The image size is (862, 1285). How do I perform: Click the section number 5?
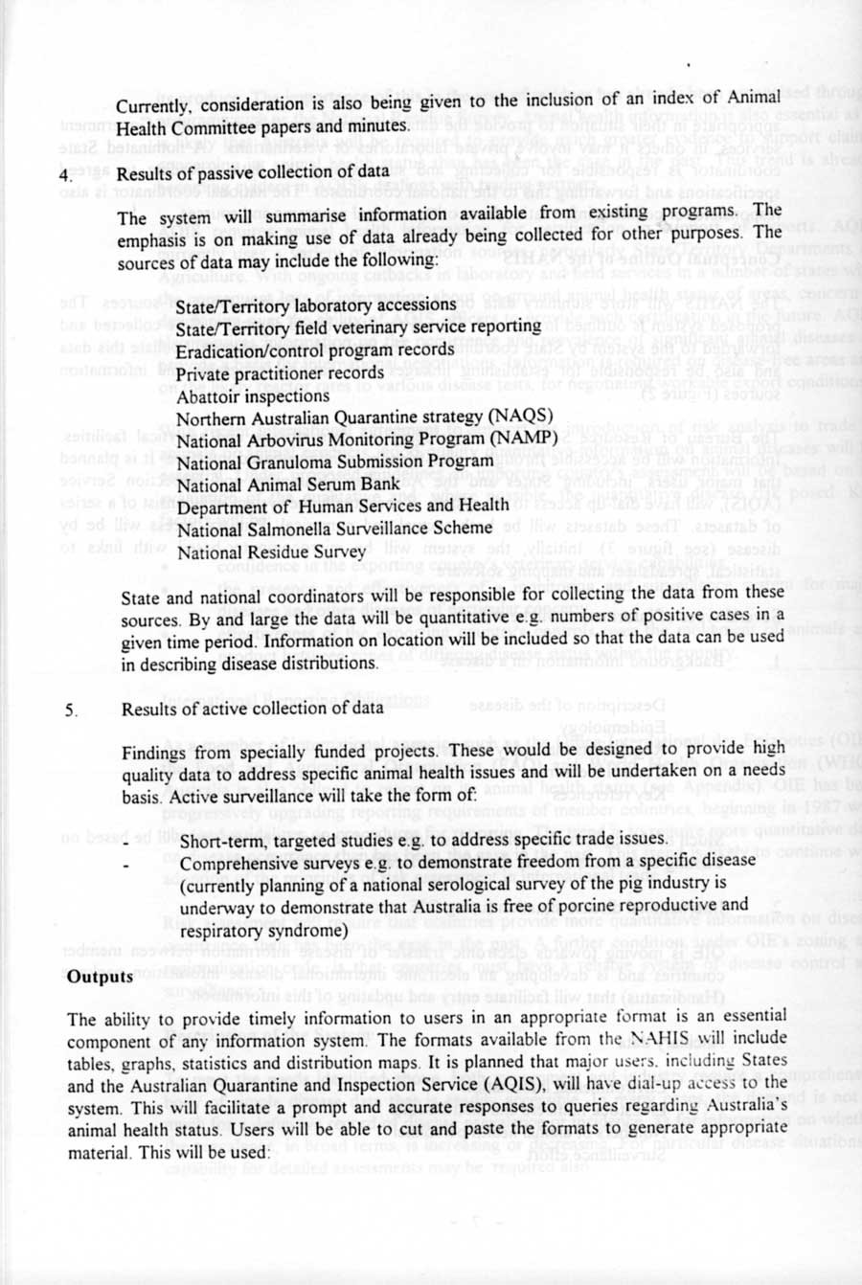pos(70,710)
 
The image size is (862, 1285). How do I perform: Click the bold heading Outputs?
pos(100,977)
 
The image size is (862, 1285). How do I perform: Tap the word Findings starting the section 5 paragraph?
pos(154,753)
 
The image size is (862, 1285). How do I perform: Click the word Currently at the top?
pos(155,104)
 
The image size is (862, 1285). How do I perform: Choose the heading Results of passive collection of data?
pos(248,174)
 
